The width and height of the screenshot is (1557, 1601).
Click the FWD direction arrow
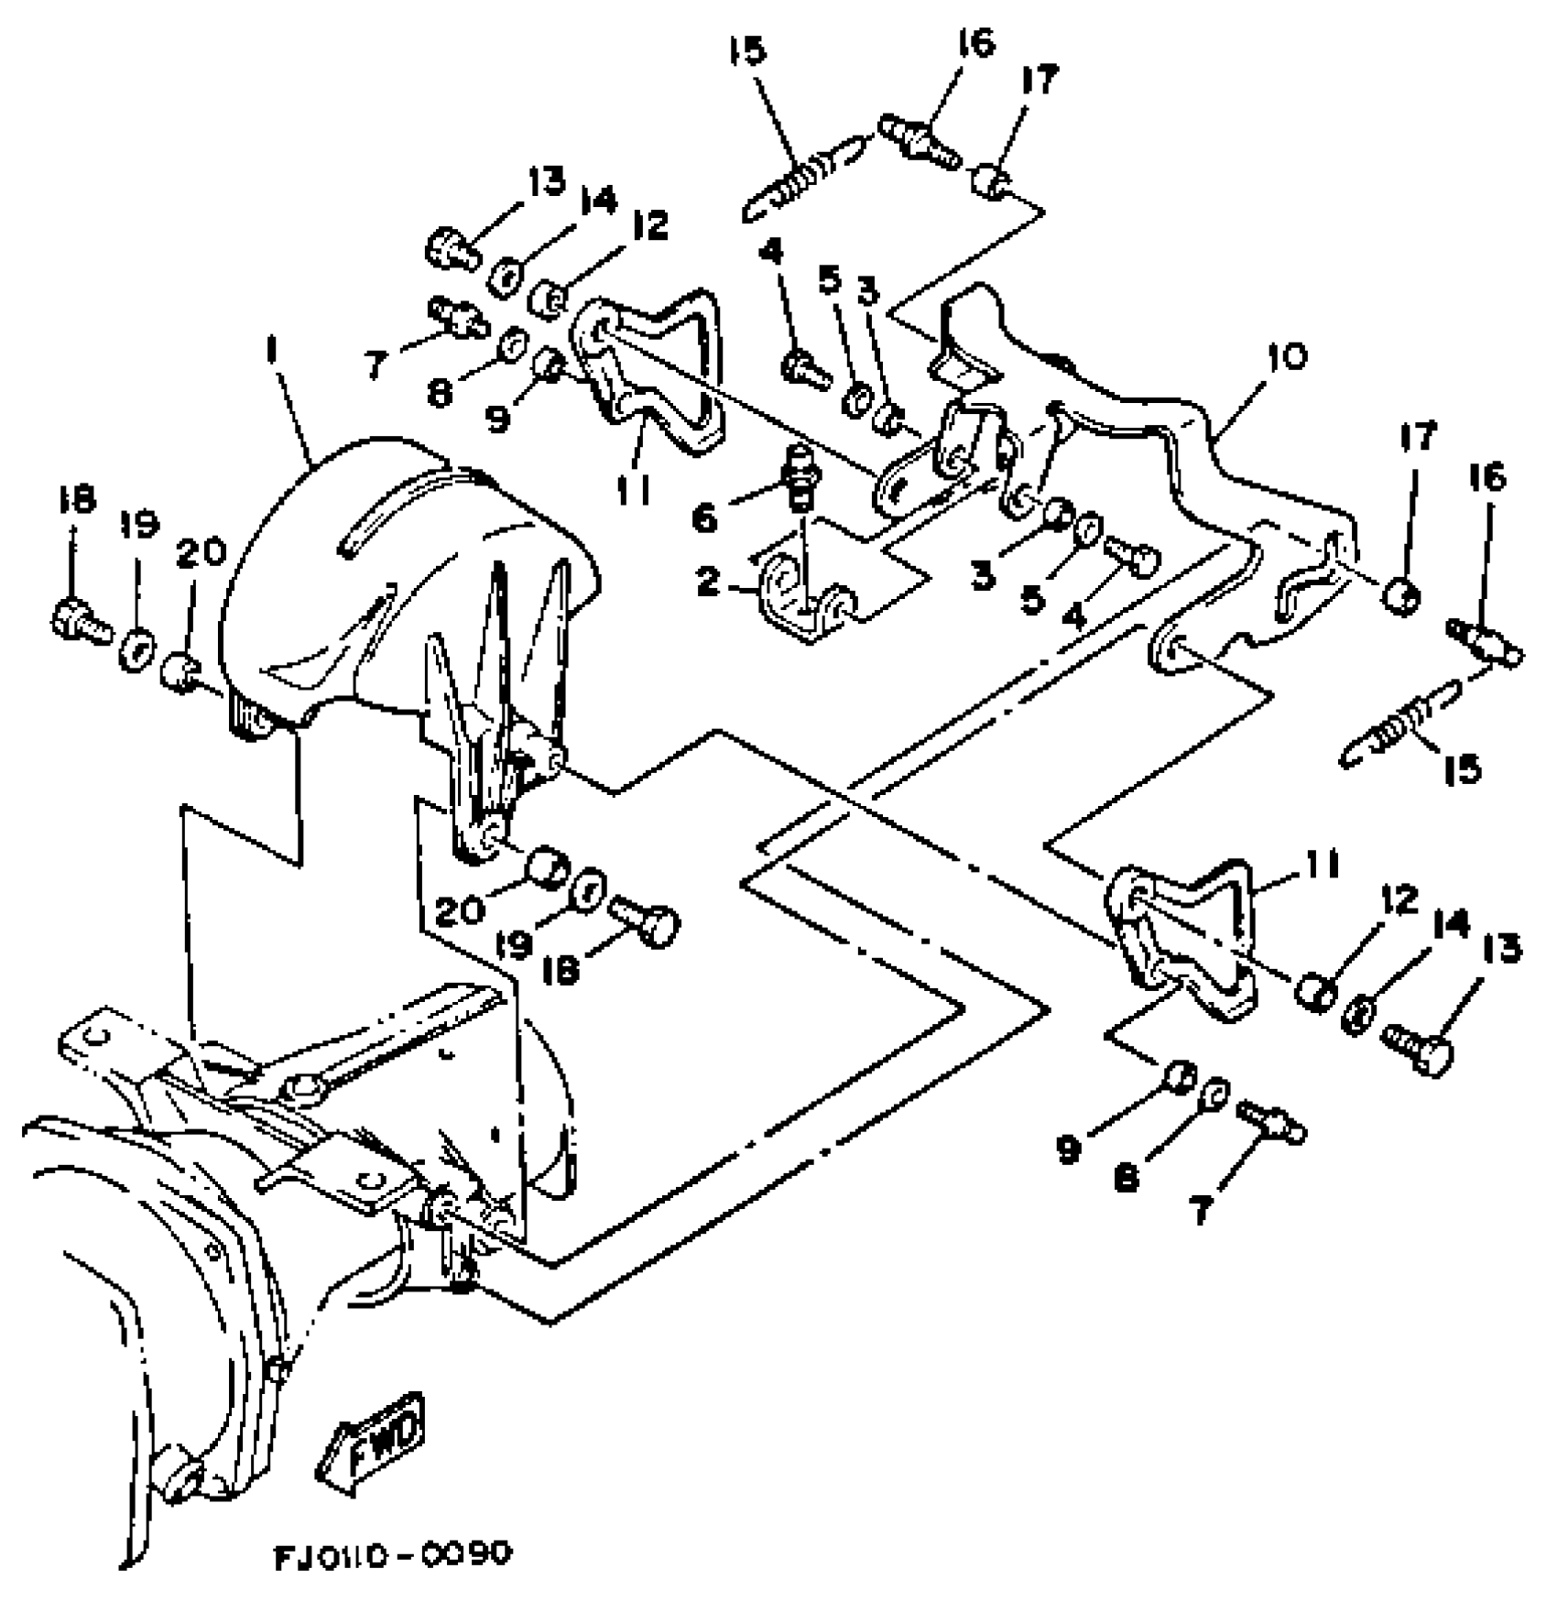tap(372, 1447)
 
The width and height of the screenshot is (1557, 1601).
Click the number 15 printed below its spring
tap(1463, 768)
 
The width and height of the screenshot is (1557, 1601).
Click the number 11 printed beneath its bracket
tap(632, 491)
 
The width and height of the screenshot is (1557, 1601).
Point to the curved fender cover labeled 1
tap(403, 586)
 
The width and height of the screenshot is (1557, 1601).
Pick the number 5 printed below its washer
tap(1033, 600)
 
